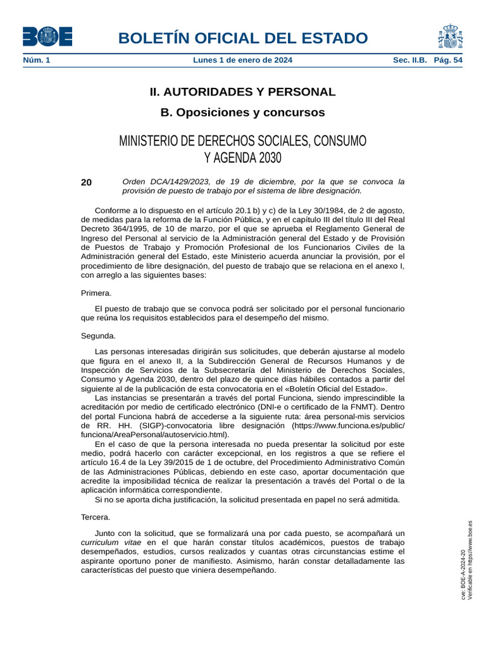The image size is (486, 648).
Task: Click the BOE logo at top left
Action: [47, 37]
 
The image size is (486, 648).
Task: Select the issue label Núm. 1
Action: [37, 60]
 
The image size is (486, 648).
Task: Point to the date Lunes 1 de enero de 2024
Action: [242, 60]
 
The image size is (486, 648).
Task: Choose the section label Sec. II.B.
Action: [410, 60]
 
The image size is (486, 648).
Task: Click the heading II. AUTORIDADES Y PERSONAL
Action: [242, 92]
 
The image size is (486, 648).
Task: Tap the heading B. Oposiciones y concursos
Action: [242, 113]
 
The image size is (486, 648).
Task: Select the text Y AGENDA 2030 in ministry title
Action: [242, 158]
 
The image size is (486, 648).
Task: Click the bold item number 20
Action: [87, 183]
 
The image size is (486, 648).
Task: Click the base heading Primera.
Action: [96, 293]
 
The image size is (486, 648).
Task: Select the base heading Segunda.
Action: [98, 335]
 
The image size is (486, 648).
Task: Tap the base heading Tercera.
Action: [96, 517]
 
